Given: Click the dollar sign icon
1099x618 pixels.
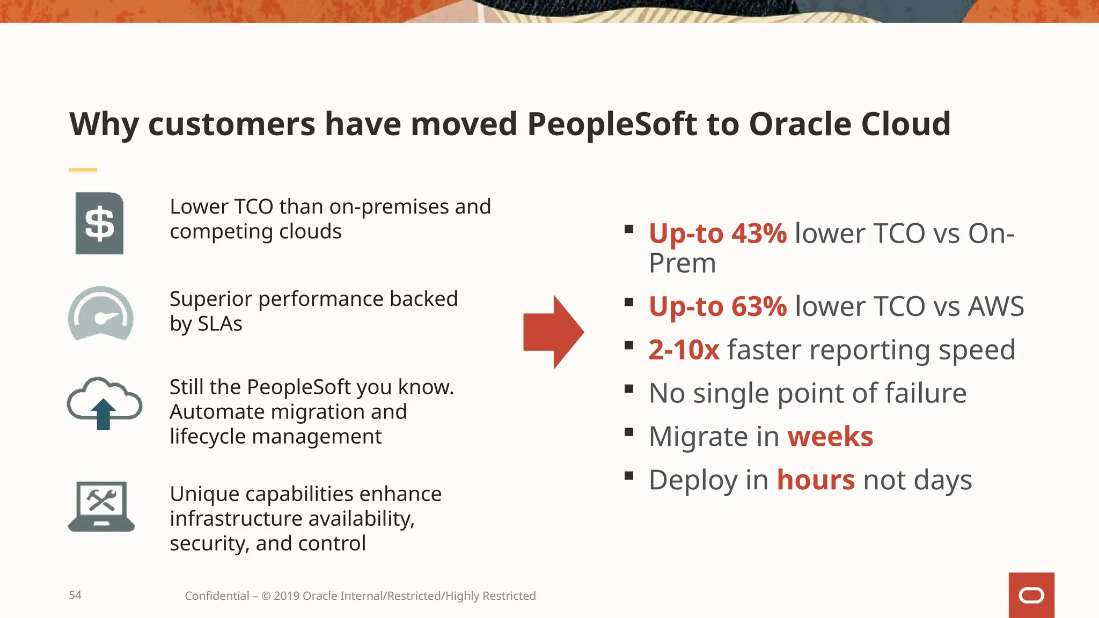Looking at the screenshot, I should click(x=100, y=223).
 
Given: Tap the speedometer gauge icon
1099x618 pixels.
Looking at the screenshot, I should click(x=101, y=314).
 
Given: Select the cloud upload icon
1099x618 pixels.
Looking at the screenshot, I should click(x=104, y=403).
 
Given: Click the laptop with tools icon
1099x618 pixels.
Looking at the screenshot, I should click(x=101, y=506).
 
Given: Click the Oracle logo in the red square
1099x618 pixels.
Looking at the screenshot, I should click(x=1031, y=595).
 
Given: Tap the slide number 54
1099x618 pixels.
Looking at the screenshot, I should click(x=75, y=595).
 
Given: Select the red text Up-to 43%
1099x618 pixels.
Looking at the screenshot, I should click(x=717, y=234).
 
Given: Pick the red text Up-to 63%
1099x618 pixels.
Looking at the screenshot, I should click(x=717, y=307).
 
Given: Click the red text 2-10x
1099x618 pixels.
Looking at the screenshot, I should click(x=684, y=350).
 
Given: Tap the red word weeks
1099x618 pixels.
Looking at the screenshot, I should click(x=830, y=437).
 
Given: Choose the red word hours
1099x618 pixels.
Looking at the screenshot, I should click(x=816, y=480).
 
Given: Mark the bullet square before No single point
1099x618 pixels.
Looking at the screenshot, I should click(x=629, y=388).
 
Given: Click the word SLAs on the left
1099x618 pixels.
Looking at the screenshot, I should click(x=220, y=324).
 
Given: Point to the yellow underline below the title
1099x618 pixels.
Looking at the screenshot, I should click(x=83, y=170).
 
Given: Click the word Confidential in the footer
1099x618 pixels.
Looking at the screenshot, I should click(x=217, y=596).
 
